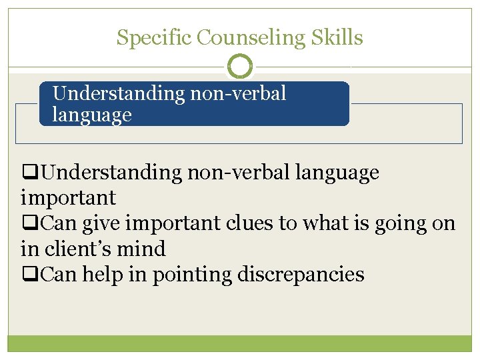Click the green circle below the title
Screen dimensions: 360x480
point(240,67)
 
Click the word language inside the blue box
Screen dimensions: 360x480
point(93,115)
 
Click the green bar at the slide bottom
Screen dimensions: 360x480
point(240,343)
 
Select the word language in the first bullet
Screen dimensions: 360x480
point(333,173)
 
